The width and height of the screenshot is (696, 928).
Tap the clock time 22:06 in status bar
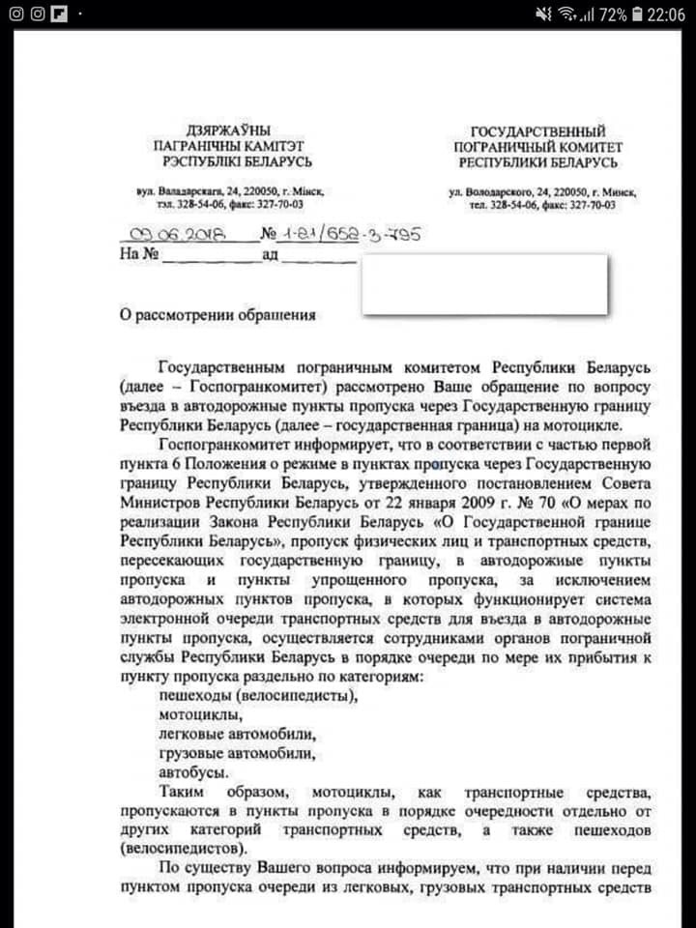click(x=664, y=14)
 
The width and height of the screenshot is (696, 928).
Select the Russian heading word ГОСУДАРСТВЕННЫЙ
click(x=537, y=130)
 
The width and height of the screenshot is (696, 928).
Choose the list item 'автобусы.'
click(x=194, y=772)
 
